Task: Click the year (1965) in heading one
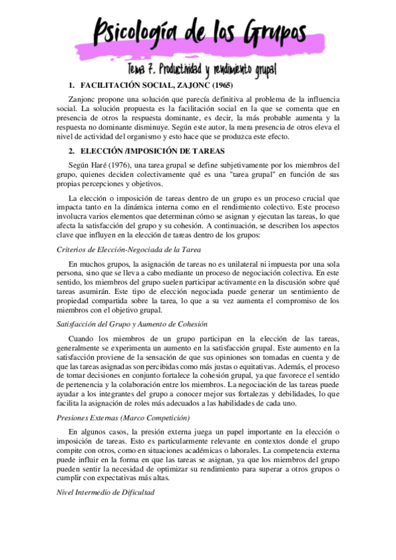coord(217,85)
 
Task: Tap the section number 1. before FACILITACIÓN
coord(71,85)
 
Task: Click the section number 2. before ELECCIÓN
coord(71,151)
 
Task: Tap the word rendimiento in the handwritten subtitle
coord(245,70)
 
